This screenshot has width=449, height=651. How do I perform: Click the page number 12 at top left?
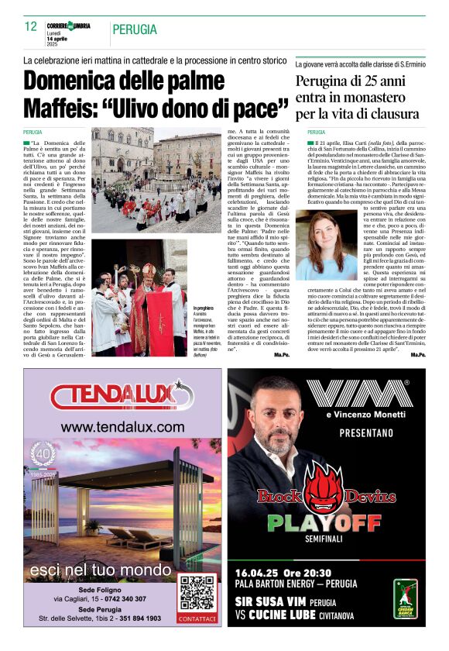[x=31, y=27]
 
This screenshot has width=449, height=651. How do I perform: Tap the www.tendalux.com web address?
[x=122, y=427]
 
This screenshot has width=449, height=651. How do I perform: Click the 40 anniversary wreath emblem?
[x=43, y=456]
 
